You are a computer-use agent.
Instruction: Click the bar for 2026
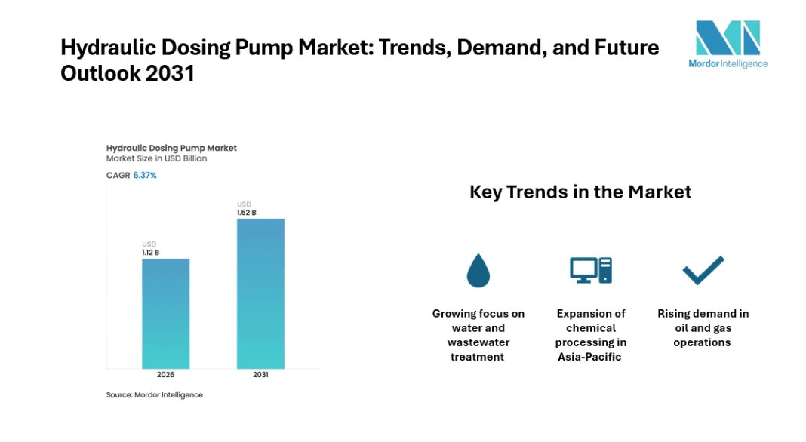[166, 312]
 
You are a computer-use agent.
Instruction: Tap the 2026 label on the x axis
[166, 375]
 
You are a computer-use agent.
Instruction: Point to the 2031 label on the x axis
[260, 375]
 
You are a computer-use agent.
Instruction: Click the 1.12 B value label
[151, 253]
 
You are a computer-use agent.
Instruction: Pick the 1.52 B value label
[246, 213]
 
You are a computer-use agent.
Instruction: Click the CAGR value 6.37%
[145, 175]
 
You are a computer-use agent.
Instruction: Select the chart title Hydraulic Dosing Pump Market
[171, 148]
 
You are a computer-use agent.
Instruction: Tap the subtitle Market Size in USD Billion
[156, 159]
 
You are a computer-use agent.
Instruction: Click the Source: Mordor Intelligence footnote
[154, 394]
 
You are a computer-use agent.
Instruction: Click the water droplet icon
[478, 270]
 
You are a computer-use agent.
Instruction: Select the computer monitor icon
[590, 269]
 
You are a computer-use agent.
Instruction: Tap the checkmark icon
[703, 270]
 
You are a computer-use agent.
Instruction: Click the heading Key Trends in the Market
[580, 192]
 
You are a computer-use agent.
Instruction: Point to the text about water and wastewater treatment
[478, 335]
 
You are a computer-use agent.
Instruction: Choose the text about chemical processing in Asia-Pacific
[591, 335]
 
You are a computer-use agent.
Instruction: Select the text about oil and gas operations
[703, 327]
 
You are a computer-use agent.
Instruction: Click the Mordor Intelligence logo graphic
[727, 38]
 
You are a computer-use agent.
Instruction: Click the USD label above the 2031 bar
[244, 204]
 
